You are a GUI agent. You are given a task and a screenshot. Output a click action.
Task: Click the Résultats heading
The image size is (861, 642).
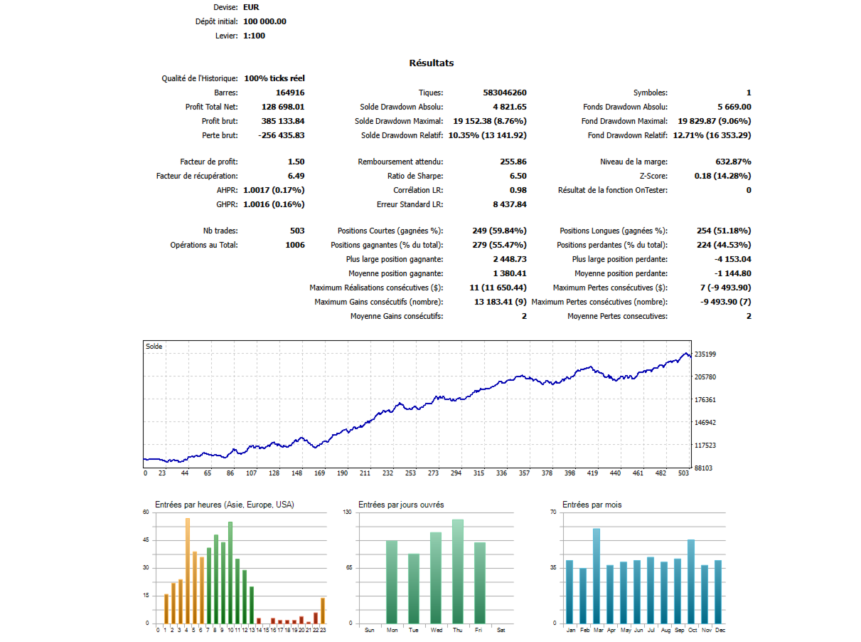[x=431, y=63]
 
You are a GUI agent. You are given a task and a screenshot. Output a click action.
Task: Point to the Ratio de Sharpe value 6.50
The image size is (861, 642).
[x=518, y=176]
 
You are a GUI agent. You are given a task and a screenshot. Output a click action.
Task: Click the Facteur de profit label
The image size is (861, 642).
[x=209, y=162]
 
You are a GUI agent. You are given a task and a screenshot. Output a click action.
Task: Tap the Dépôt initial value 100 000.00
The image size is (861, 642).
[x=264, y=21]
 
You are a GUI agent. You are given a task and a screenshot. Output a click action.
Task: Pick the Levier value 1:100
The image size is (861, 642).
[x=254, y=36]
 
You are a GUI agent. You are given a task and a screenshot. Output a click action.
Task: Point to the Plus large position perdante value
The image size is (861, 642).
[x=732, y=259]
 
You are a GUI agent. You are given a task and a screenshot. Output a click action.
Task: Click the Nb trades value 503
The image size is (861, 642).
[x=297, y=231]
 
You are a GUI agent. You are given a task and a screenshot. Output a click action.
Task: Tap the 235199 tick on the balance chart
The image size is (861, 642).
[x=705, y=354]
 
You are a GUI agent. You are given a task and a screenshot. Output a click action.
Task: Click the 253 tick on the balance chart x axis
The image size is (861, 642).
[x=410, y=473]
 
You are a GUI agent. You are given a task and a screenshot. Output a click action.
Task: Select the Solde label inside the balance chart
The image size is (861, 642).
[x=154, y=347]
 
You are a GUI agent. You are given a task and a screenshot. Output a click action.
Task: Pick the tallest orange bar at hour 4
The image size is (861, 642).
[x=188, y=569]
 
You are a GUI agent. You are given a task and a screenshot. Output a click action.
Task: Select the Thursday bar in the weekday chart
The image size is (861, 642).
[x=457, y=571]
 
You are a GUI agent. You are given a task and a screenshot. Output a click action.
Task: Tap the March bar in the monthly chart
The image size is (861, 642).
[x=597, y=575]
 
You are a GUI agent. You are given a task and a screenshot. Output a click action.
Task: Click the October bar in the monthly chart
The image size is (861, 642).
[x=691, y=581]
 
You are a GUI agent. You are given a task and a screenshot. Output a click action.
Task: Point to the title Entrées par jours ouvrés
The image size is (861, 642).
[x=401, y=505]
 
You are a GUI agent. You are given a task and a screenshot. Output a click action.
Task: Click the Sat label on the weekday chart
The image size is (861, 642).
[x=501, y=630]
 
